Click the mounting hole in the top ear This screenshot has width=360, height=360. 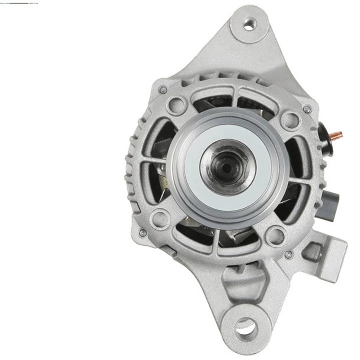pyautogui.click(x=248, y=23)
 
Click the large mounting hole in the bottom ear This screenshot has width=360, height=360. pyautogui.click(x=244, y=326)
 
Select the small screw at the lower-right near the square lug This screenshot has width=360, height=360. pyautogui.click(x=288, y=254)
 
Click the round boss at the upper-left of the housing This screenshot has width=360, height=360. pyautogui.click(x=176, y=105)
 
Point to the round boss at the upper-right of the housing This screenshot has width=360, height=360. pyautogui.click(x=288, y=119)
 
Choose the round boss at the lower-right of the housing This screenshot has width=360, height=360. pyautogui.click(x=274, y=234)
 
